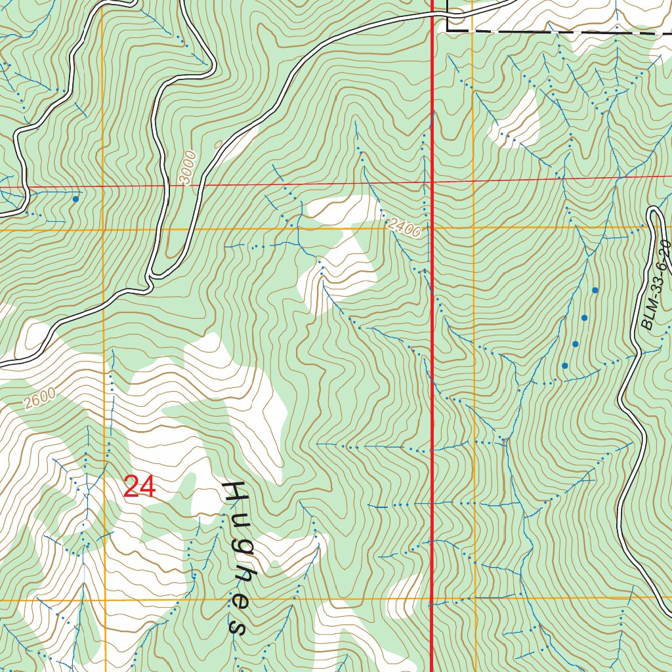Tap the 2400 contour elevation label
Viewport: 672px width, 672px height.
(x=404, y=228)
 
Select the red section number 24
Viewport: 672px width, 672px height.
(x=139, y=488)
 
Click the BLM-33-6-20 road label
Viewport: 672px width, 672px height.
(x=657, y=285)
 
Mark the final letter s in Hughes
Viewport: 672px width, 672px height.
(x=236, y=627)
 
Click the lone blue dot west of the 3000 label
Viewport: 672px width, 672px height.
(x=75, y=198)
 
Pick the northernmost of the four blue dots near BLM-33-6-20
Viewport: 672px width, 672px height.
(x=595, y=290)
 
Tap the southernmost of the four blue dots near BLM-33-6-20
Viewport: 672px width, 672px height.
(x=564, y=366)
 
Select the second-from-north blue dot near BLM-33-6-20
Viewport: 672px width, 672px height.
(x=584, y=318)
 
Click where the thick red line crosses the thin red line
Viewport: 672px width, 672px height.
(x=432, y=180)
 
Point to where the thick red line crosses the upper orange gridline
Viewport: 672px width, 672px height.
(x=432, y=228)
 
